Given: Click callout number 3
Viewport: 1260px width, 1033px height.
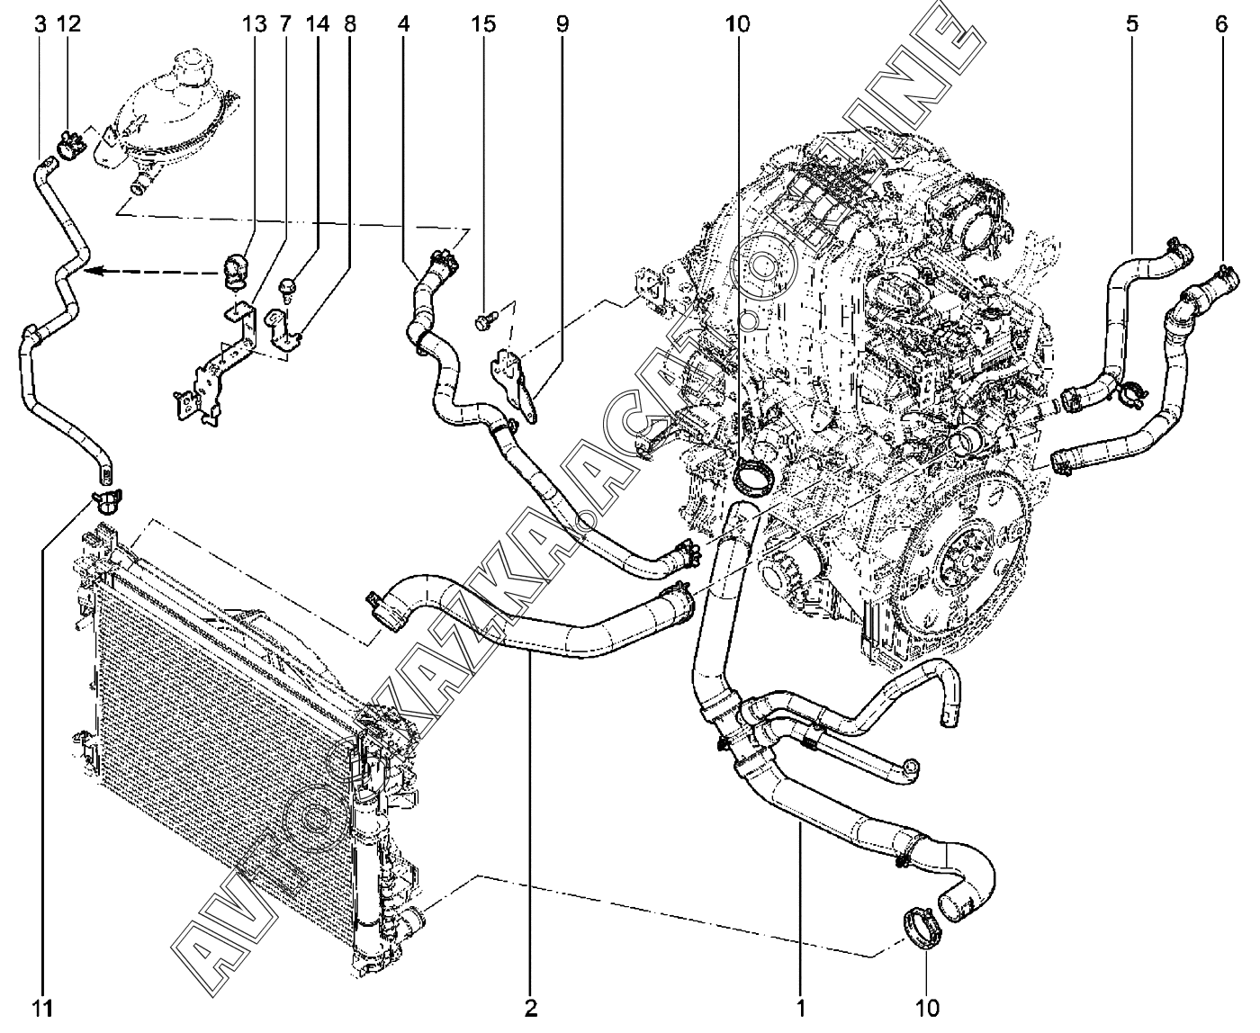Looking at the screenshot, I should tap(40, 24).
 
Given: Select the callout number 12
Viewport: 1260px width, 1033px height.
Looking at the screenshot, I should tap(68, 24).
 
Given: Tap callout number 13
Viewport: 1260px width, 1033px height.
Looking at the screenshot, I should tap(255, 24).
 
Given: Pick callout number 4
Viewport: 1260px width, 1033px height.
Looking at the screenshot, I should tap(404, 24).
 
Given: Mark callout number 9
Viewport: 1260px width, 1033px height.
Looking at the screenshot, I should tap(562, 24).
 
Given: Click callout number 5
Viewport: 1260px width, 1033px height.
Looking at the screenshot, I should tap(1130, 24).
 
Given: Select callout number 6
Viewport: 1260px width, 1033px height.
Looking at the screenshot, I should tap(1220, 24).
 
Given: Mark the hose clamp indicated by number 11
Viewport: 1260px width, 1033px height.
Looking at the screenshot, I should tap(106, 497).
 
